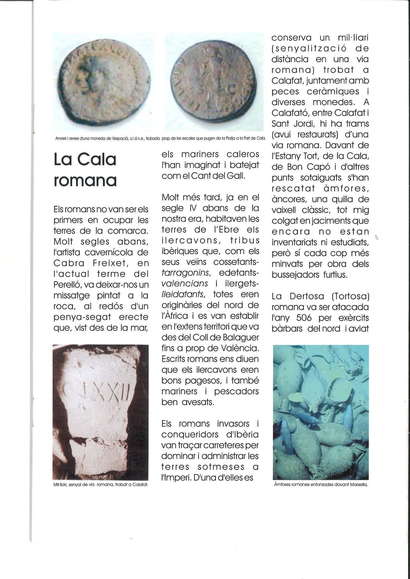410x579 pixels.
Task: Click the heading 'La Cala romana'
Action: pyautogui.click(x=85, y=170)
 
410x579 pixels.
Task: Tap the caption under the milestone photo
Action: pyautogui.click(x=101, y=484)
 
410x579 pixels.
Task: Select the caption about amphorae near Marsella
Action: pyautogui.click(x=320, y=484)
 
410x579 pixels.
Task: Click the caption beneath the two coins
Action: pyautogui.click(x=160, y=139)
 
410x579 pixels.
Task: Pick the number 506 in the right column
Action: pyautogui.click(x=304, y=318)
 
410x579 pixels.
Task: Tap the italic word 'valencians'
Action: pyautogui.click(x=184, y=284)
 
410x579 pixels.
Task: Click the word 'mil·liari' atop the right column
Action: pyautogui.click(x=353, y=38)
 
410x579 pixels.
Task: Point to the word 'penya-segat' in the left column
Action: pyautogui.click(x=82, y=317)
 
